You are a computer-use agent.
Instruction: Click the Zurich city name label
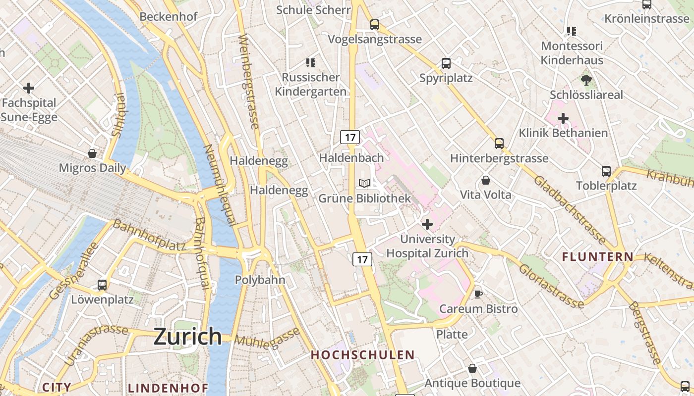tap(187, 337)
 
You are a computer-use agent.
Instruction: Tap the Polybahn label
tap(260, 280)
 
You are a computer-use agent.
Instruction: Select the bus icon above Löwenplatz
tap(102, 285)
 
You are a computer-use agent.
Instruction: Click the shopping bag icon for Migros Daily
tap(92, 153)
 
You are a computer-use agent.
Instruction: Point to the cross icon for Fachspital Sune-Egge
tap(29, 89)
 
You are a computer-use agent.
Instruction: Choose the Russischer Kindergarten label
tap(310, 85)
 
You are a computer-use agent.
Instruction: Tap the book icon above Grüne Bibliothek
tap(364, 184)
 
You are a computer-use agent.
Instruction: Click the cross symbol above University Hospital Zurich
tap(427, 225)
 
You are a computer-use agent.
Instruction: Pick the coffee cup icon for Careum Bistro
tap(478, 294)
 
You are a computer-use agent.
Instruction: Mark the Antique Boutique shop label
tap(472, 383)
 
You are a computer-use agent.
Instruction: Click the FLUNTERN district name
tap(597, 257)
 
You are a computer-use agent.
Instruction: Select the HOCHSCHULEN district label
tap(362, 355)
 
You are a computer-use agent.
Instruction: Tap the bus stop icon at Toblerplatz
tap(606, 171)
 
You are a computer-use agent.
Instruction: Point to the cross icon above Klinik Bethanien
tap(563, 119)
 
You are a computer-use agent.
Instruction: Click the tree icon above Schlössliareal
tap(586, 80)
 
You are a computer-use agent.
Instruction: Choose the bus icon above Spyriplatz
tap(446, 63)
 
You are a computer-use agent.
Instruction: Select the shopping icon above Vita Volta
tap(486, 180)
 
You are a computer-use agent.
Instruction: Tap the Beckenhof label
tap(169, 16)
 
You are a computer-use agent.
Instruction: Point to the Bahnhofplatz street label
tap(149, 235)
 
